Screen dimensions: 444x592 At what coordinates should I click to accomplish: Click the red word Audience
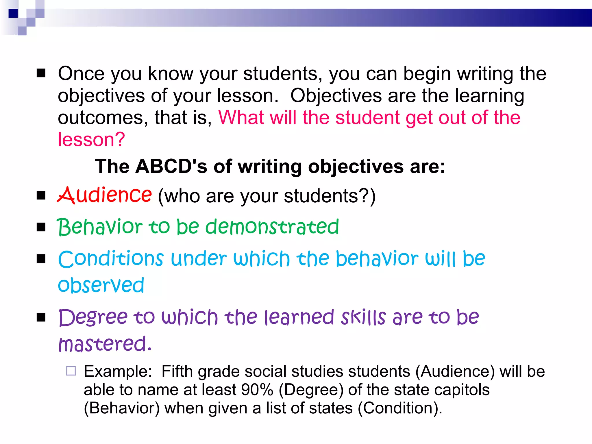(x=104, y=195)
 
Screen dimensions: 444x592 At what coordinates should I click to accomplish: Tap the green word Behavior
(x=99, y=227)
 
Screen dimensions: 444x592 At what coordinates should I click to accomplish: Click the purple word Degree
(x=93, y=317)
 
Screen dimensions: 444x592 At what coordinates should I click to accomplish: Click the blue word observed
(x=101, y=285)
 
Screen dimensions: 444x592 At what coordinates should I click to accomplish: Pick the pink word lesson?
(x=91, y=139)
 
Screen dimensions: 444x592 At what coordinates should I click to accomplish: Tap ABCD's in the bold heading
(x=171, y=166)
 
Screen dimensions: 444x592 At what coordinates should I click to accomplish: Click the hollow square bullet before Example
(x=71, y=371)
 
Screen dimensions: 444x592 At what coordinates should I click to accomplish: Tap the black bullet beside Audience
(x=41, y=195)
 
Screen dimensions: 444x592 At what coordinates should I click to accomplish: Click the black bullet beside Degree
(x=41, y=317)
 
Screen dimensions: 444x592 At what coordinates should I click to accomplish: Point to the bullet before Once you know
(x=41, y=73)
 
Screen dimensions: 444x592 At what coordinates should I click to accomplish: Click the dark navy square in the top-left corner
(x=13, y=13)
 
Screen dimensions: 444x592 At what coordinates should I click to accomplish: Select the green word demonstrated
(x=272, y=227)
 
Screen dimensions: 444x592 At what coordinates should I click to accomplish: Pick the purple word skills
(x=363, y=317)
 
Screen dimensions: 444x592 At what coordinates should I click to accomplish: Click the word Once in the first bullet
(x=81, y=73)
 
